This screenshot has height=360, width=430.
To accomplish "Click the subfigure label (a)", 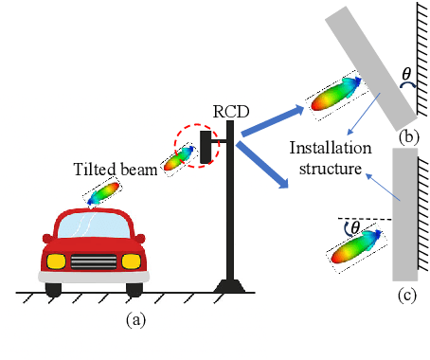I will [136, 320].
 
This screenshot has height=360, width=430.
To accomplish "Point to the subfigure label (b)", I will [409, 135].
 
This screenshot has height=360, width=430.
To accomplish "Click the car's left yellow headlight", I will [57, 259].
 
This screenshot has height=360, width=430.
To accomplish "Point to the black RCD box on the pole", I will [206, 146].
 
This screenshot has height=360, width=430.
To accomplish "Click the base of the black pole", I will [229, 284].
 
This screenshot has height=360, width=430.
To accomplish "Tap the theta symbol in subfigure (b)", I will [406, 73].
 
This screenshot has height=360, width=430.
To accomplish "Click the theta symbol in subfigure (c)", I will [354, 227].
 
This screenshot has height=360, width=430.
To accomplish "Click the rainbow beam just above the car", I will [104, 194].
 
